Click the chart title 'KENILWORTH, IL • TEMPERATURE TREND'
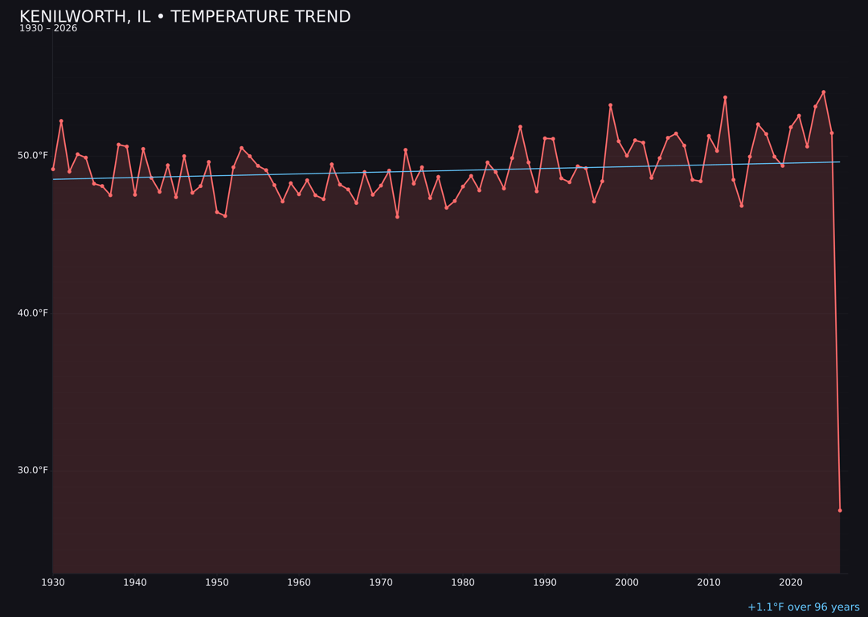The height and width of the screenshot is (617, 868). tap(185, 17)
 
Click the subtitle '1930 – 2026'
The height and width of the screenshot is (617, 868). tap(48, 29)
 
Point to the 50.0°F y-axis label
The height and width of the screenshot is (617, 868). tap(33, 155)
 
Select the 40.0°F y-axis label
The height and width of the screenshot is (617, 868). tap(33, 313)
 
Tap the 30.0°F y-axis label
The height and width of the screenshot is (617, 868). tap(33, 470)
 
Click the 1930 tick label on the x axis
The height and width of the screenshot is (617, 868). tap(53, 582)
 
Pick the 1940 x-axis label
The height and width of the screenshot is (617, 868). tap(135, 582)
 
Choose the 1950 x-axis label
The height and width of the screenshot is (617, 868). tap(217, 582)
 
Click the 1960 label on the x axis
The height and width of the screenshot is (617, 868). tap(299, 582)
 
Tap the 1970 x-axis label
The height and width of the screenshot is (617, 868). tap(381, 582)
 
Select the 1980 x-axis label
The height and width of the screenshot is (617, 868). tap(463, 582)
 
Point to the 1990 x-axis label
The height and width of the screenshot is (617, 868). tap(545, 582)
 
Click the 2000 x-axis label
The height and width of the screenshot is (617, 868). tap(627, 582)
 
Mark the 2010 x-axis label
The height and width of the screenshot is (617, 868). tap(709, 582)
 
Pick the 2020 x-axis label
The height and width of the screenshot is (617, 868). tap(791, 582)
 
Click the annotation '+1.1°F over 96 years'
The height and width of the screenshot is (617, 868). tap(803, 607)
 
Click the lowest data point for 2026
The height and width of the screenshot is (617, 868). tap(840, 510)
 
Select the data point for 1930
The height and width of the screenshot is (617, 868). tap(53, 169)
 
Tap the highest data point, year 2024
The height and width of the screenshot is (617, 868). tap(823, 92)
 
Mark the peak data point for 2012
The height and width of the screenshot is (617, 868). tap(725, 98)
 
